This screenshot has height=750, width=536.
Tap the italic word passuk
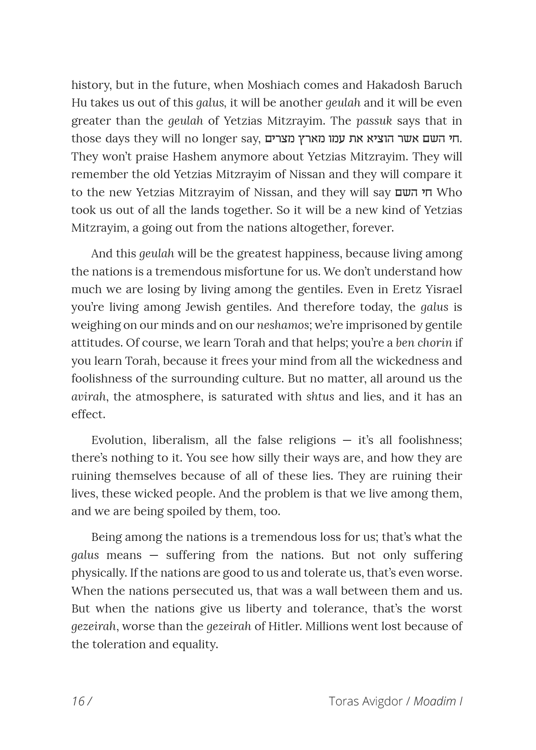point(374,121)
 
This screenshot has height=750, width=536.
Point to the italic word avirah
point(88,397)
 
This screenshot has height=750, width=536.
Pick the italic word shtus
point(320,397)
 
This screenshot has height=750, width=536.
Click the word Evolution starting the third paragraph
point(118,440)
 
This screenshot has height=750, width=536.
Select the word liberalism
point(180,440)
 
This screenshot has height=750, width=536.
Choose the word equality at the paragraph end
point(195,644)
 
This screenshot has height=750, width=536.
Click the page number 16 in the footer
point(78,701)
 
